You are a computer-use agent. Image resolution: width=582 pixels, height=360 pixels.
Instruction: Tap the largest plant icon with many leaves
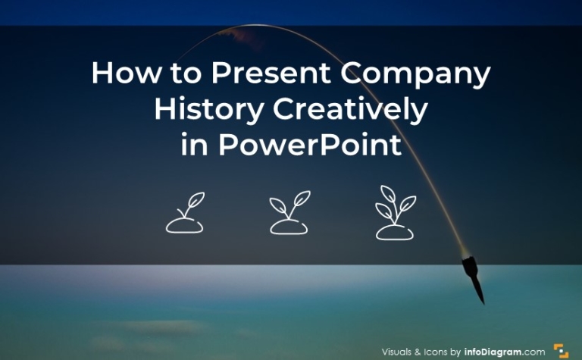395,212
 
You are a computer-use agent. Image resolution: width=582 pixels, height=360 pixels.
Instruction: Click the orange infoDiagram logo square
561,351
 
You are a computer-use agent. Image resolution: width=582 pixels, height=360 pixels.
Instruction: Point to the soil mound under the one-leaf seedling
183,225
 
